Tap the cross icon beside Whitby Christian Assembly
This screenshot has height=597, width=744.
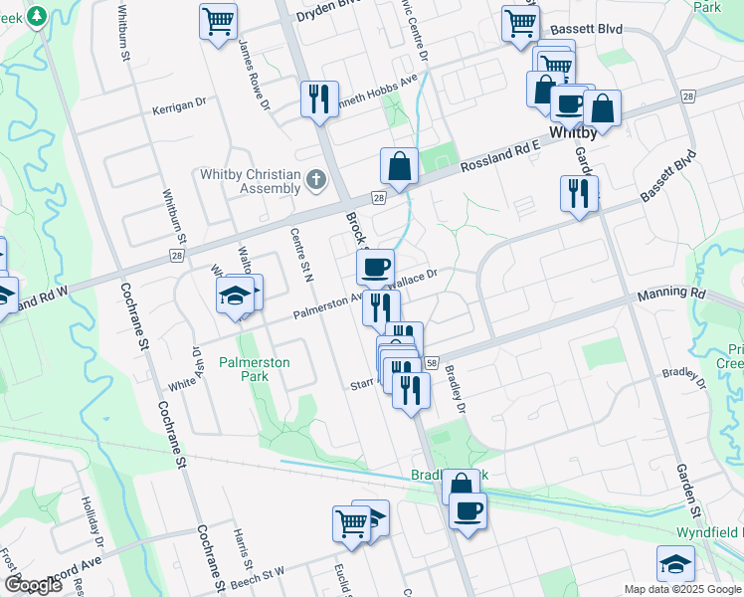click(316, 180)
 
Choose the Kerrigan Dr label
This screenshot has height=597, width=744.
click(179, 102)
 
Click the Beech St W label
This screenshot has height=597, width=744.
click(257, 578)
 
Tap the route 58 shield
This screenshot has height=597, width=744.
click(432, 365)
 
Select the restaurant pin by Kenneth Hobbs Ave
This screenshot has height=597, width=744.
click(318, 99)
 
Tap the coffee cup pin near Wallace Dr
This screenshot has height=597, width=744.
click(375, 267)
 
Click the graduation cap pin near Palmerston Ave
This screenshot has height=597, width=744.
click(236, 296)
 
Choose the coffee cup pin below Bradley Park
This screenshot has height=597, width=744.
click(466, 511)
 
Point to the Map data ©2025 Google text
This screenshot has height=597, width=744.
click(682, 589)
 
